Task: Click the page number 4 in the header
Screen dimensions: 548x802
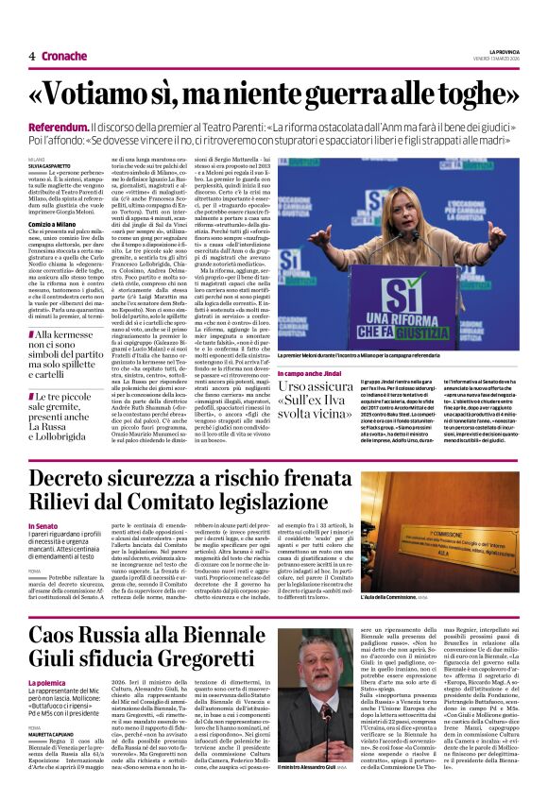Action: tap(31, 56)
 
